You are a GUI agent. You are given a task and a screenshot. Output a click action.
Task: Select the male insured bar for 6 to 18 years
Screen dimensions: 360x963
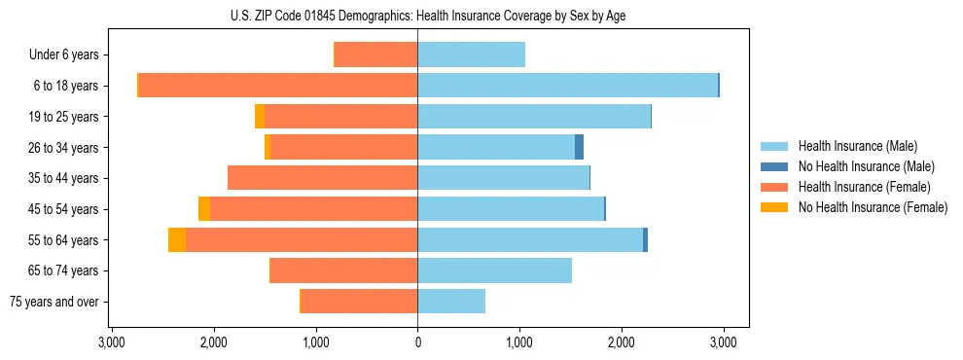click(567, 86)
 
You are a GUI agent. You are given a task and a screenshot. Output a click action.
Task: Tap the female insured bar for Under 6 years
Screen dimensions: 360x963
click(375, 54)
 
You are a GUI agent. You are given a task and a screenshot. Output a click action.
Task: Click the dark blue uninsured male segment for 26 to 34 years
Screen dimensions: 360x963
click(579, 147)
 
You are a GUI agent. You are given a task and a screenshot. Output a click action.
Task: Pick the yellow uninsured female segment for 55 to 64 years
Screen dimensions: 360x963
click(177, 239)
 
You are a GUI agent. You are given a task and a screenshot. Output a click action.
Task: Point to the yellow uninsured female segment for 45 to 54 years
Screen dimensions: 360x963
click(204, 209)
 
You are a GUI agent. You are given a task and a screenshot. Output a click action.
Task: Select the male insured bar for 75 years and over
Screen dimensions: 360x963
click(451, 302)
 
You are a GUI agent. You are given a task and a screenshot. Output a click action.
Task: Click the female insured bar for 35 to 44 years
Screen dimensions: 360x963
click(322, 178)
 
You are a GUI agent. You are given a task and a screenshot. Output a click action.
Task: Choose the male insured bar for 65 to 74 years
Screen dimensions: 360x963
click(494, 270)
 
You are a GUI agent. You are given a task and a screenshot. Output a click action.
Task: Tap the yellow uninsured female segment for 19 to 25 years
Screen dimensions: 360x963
click(260, 117)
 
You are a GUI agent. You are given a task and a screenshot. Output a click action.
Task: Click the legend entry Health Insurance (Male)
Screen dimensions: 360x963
click(857, 146)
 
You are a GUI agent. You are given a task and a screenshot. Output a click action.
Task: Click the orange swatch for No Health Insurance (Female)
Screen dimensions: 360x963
click(775, 207)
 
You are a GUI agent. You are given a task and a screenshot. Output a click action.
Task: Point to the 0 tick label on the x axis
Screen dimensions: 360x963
click(417, 342)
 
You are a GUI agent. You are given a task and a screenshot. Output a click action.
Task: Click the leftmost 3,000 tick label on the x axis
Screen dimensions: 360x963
click(112, 342)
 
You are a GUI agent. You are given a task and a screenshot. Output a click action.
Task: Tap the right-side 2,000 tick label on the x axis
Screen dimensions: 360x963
click(621, 342)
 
